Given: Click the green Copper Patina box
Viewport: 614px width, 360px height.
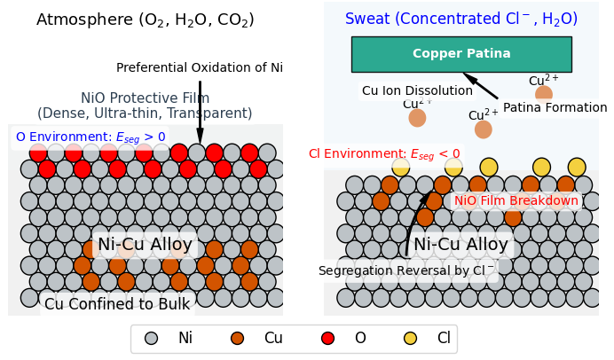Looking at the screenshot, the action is pyautogui.click(x=461, y=54).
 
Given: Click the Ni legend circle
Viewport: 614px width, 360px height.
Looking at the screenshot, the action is pyautogui.click(x=151, y=339).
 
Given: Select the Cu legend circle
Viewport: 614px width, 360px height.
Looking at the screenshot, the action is pyautogui.click(x=237, y=339).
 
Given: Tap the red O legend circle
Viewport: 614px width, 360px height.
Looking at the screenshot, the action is pyautogui.click(x=327, y=339).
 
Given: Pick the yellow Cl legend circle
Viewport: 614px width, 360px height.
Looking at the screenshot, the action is pyautogui.click(x=411, y=339).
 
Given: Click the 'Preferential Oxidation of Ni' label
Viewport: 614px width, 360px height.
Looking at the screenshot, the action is pyautogui.click(x=200, y=67).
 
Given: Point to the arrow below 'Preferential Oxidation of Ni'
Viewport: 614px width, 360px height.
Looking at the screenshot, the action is pyautogui.click(x=201, y=113).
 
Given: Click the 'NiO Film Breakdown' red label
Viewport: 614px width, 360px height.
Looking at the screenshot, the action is pyautogui.click(x=516, y=200).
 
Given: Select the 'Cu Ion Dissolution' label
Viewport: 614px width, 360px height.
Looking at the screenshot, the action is pyautogui.click(x=417, y=90).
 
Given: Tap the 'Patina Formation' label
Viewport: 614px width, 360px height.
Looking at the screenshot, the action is pyautogui.click(x=555, y=107).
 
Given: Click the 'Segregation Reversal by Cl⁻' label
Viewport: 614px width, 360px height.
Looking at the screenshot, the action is pyautogui.click(x=406, y=270).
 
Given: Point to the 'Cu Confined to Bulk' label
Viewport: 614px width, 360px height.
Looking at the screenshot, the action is pyautogui.click(x=117, y=304).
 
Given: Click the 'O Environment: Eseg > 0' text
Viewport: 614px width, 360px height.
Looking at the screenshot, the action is pyautogui.click(x=91, y=137).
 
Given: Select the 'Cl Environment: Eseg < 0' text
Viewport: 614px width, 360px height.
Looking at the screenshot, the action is pyautogui.click(x=384, y=154).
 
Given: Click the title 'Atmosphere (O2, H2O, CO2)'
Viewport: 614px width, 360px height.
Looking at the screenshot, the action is pyautogui.click(x=146, y=20).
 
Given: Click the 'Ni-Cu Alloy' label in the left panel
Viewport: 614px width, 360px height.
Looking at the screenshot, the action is pyautogui.click(x=145, y=245).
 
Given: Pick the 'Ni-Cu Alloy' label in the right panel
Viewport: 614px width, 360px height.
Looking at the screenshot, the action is pyautogui.click(x=460, y=245).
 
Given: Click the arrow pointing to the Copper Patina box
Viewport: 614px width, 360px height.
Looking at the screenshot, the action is pyautogui.click(x=481, y=86).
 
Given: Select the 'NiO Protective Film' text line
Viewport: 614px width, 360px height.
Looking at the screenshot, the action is pyautogui.click(x=145, y=98).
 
